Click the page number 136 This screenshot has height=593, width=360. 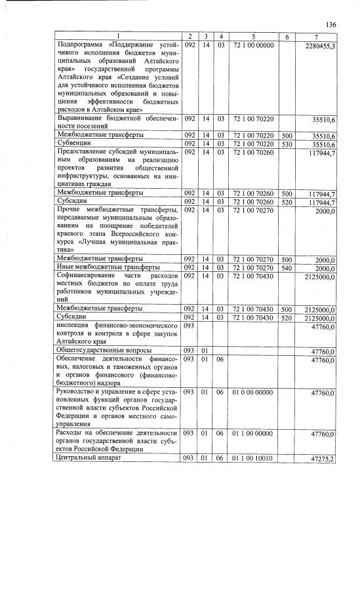pyautogui.click(x=330, y=24)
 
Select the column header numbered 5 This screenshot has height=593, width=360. pyautogui.click(x=253, y=35)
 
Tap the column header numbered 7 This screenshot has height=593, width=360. pyautogui.click(x=316, y=35)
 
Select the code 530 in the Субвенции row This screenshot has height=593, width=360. pyautogui.click(x=287, y=143)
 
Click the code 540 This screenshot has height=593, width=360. pyautogui.click(x=287, y=267)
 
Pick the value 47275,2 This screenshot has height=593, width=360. pyautogui.click(x=322, y=459)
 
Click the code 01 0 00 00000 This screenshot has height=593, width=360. pyautogui.click(x=252, y=392)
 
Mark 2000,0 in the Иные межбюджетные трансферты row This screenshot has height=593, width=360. pyautogui.click(x=325, y=269)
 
